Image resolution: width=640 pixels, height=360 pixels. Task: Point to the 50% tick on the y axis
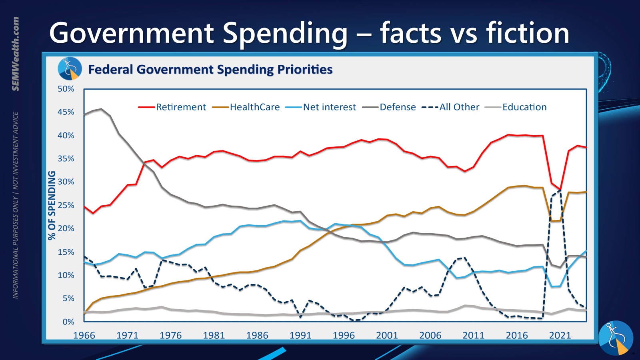tap(66, 89)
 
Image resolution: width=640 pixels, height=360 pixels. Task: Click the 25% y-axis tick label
tap(66, 205)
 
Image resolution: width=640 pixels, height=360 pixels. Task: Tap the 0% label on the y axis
tap(68, 322)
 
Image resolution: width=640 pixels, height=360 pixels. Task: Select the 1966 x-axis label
tap(84, 335)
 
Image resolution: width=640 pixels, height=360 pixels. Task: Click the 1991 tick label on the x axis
tap(300, 335)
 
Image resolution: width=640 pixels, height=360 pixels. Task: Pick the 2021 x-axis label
tap(560, 335)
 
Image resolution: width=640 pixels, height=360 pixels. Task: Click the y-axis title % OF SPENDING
tap(52, 205)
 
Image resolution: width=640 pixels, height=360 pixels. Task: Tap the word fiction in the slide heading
tap(528, 33)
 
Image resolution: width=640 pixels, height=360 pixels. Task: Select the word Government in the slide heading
tap(132, 33)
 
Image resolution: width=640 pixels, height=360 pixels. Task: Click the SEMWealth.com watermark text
tap(15, 54)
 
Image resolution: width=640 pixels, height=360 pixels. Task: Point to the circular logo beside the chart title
tap(70, 68)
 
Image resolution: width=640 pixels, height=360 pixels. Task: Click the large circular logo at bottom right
tap(616, 338)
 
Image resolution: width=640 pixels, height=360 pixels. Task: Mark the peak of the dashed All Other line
tap(560, 190)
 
